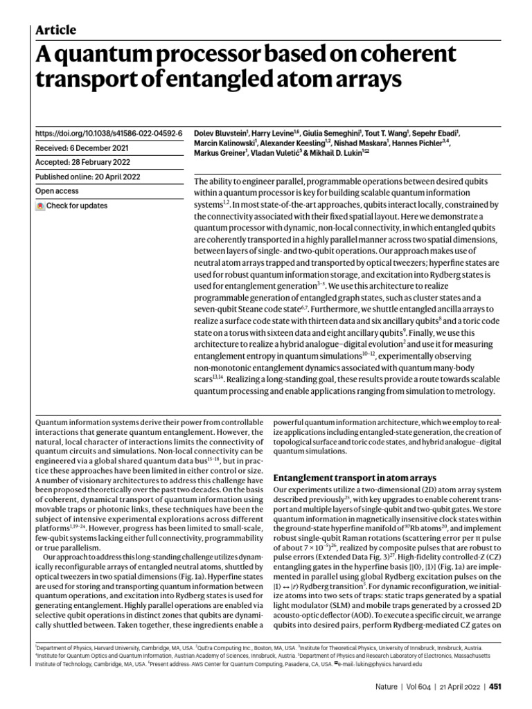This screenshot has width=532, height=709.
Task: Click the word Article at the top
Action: pyautogui.click(x=55, y=30)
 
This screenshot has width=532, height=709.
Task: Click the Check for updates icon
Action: pyautogui.click(x=41, y=206)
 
